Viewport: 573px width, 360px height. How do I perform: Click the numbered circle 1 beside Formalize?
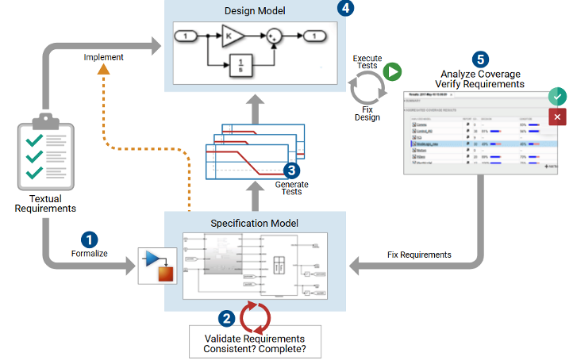tap(90, 239)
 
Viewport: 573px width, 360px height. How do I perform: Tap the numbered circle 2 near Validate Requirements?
tap(226, 319)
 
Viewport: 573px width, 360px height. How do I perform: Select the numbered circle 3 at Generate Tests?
tap(292, 170)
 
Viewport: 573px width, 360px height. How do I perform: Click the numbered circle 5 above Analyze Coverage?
tap(479, 59)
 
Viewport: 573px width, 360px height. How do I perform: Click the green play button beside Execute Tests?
tap(391, 72)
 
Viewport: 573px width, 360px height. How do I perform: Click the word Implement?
tap(103, 57)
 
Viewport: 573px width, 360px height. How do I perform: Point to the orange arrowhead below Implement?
tap(103, 71)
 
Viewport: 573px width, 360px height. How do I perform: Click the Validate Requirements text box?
tap(255, 342)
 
